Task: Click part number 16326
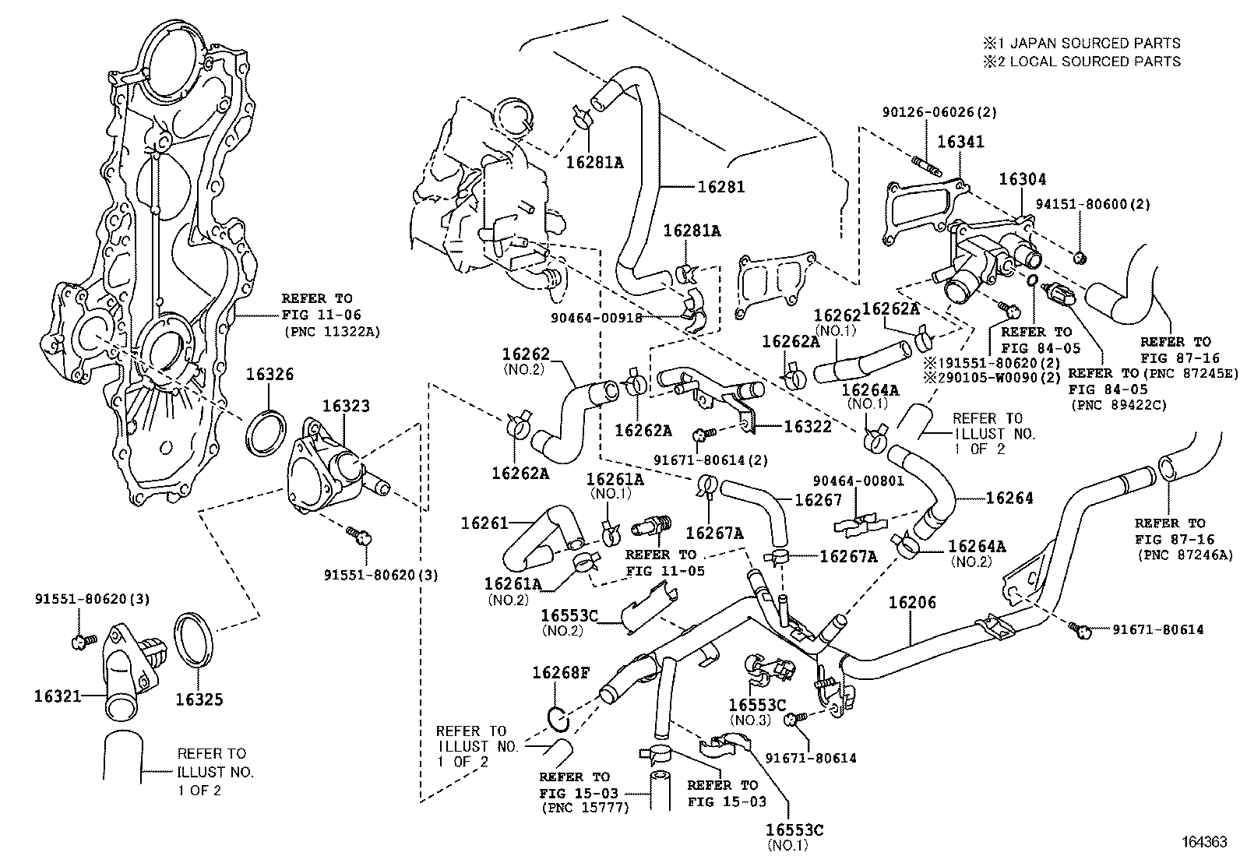(x=269, y=374)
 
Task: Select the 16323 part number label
(x=346, y=406)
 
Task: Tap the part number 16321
(x=58, y=696)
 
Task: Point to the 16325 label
(x=199, y=699)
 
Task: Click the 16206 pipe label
(x=912, y=602)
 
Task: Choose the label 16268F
(x=562, y=673)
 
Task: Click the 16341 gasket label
(x=960, y=142)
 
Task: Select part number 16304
(x=1023, y=179)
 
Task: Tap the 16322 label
(x=808, y=426)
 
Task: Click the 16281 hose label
(x=720, y=187)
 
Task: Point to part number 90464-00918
(x=596, y=318)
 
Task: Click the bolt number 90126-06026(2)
(x=939, y=112)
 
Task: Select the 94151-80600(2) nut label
(x=1093, y=204)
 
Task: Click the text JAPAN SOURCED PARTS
(x=1101, y=43)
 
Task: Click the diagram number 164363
(x=1205, y=842)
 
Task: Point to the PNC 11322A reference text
(x=332, y=333)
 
